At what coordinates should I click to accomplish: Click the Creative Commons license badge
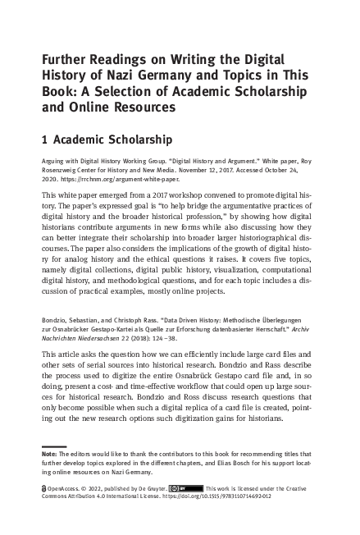pyautogui.click(x=189, y=487)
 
